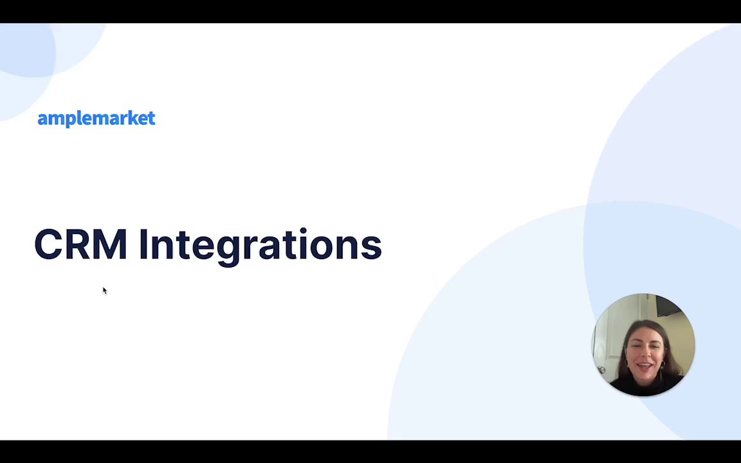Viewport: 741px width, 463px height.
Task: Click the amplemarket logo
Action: [x=96, y=118]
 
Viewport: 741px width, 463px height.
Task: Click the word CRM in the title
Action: [x=81, y=244]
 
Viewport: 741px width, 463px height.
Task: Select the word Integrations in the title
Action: [x=261, y=247]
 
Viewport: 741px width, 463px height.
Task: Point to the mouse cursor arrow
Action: [x=104, y=291]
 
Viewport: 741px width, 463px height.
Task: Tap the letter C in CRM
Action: [x=47, y=244]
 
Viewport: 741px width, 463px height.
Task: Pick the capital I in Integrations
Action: [x=143, y=244]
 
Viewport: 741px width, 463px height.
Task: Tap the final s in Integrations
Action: [x=371, y=248]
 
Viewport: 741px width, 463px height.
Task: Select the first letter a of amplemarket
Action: [x=42, y=120]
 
